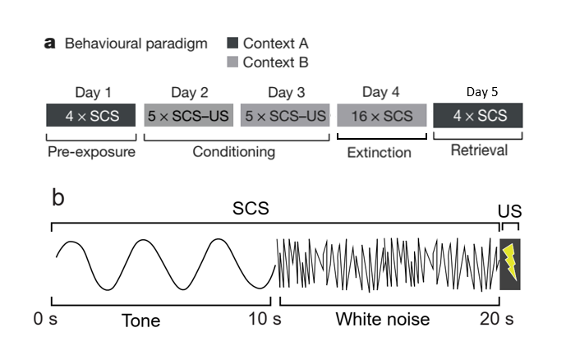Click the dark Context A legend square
(x=232, y=43)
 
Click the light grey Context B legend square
(x=232, y=62)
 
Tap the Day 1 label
(x=93, y=92)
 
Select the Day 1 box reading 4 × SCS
(x=91, y=115)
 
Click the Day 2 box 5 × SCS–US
(x=189, y=115)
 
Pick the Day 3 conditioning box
(x=285, y=115)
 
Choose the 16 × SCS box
(x=382, y=115)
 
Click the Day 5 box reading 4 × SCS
(x=478, y=115)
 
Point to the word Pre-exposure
(x=92, y=152)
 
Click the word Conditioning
(x=234, y=152)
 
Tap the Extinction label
(x=380, y=153)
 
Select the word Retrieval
(x=480, y=150)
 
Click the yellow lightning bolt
(x=510, y=262)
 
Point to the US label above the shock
(x=509, y=211)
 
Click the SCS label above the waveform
(x=251, y=208)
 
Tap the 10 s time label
(x=265, y=319)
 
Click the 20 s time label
(x=497, y=319)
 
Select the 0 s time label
(x=45, y=319)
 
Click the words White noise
(x=383, y=319)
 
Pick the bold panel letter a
(x=50, y=44)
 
